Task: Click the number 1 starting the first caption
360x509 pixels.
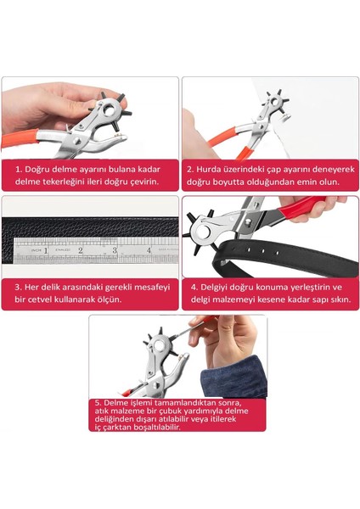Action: coord(17,170)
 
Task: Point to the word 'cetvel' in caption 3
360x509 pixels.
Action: coord(41,299)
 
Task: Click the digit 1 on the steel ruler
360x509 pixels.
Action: coord(45,250)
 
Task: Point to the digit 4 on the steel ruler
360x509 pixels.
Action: coord(148,250)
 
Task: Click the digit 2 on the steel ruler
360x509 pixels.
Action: coord(80,250)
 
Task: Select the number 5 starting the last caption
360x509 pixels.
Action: coord(98,402)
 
